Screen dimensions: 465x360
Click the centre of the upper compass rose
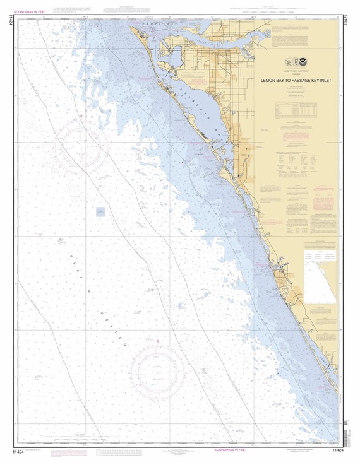pyautogui.click(x=81, y=150)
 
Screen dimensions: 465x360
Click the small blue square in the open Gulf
pyautogui.click(x=100, y=212)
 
